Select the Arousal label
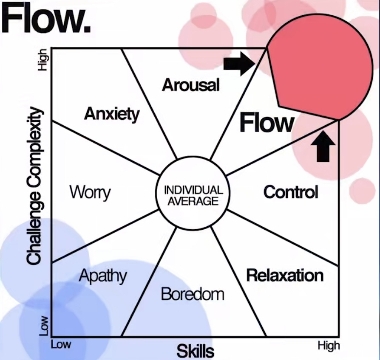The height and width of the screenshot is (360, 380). tap(191, 85)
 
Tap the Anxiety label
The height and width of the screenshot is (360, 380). tap(112, 114)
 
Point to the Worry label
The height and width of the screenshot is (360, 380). tap(90, 192)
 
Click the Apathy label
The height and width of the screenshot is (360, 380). tap(103, 276)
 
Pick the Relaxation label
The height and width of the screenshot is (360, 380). tap(285, 275)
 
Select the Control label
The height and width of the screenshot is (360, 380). tap(290, 192)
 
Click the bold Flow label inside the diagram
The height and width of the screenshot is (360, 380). tap(267, 123)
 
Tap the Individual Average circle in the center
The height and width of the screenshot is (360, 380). tap(193, 196)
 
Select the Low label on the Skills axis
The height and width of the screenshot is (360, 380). tap(61, 344)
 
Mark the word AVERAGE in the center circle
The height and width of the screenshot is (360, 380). tap(193, 201)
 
